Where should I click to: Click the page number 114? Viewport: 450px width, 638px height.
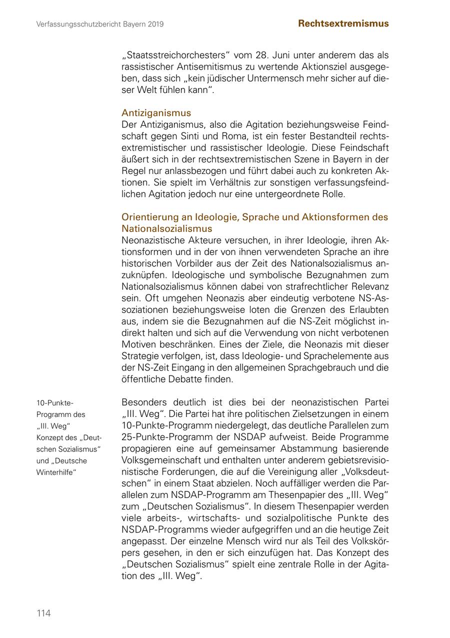(x=43, y=613)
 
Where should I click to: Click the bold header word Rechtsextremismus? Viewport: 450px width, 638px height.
(x=343, y=23)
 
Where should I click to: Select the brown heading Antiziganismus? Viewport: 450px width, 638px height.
(x=156, y=113)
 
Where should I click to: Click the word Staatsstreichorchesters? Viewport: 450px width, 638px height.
(x=175, y=55)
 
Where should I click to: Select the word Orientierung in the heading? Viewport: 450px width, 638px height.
(x=149, y=217)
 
